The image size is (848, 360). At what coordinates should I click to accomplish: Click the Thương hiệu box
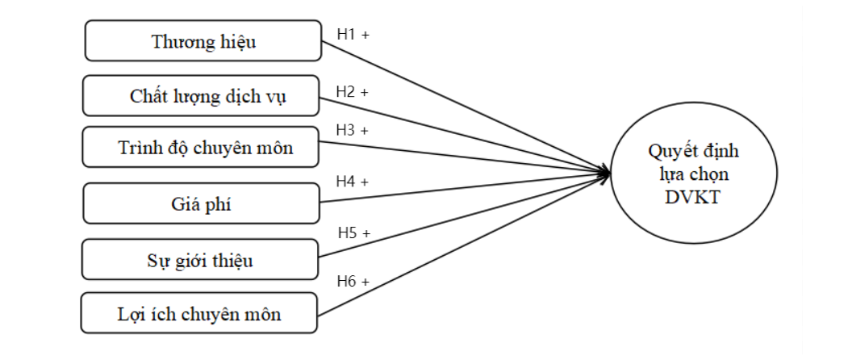click(204, 41)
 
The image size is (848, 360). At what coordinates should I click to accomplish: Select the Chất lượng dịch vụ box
click(208, 96)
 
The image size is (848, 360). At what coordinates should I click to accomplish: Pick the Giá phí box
click(203, 203)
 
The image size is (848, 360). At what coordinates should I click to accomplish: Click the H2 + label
click(352, 92)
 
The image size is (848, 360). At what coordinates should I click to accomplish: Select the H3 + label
click(352, 129)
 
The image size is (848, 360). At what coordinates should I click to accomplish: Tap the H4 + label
click(352, 182)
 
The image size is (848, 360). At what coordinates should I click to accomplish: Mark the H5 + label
click(353, 233)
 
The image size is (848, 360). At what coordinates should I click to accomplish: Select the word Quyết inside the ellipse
click(669, 151)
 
